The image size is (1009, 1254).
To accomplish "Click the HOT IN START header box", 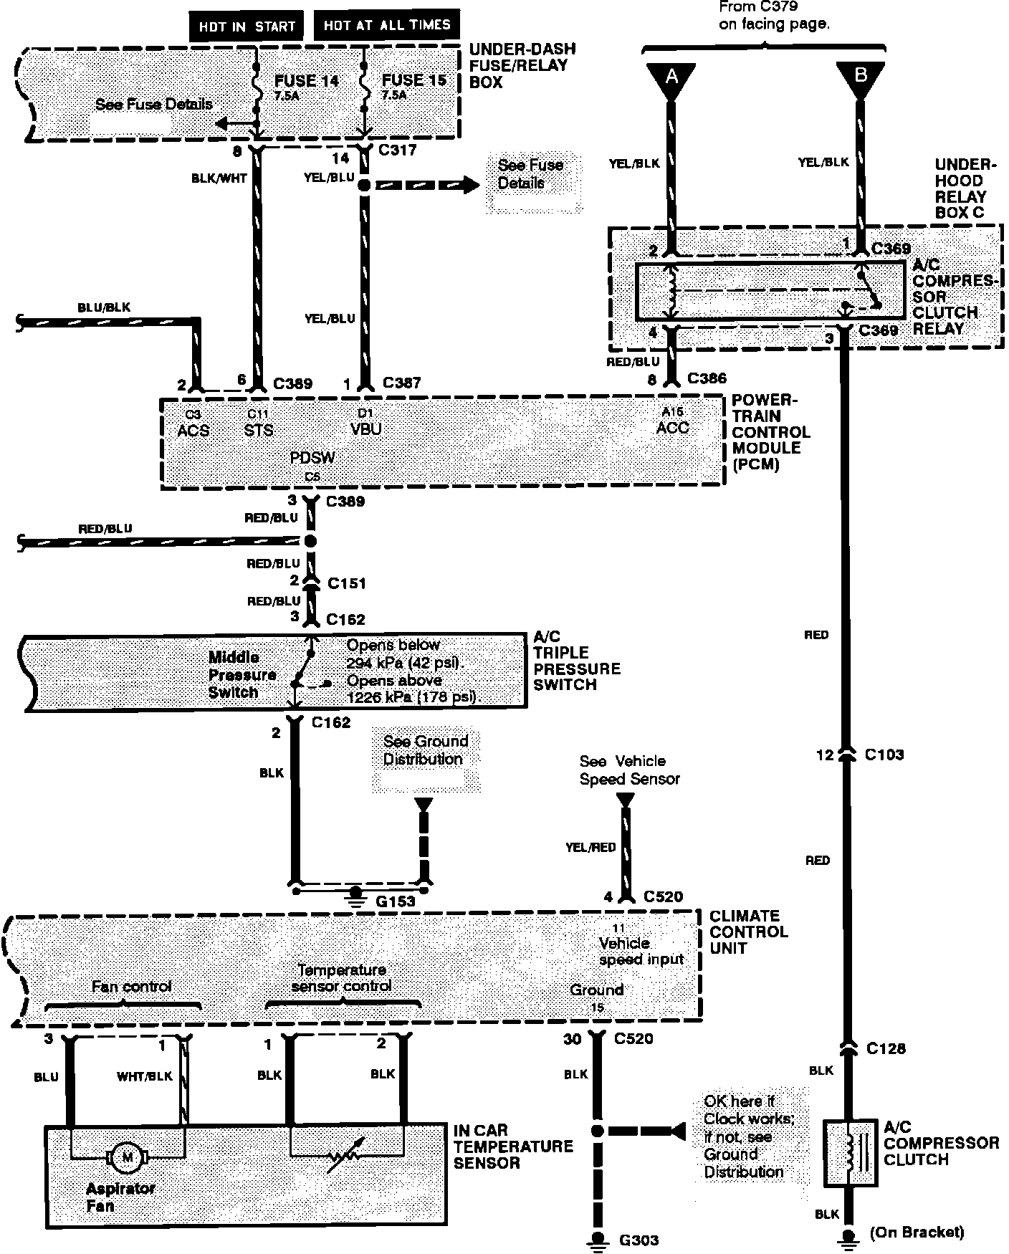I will (x=247, y=26).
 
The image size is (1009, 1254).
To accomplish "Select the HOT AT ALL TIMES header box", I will (x=387, y=25).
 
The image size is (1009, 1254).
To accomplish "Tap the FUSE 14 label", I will (x=306, y=81).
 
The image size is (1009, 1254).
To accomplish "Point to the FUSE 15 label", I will (x=414, y=80).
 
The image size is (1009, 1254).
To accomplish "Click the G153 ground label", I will (x=395, y=901).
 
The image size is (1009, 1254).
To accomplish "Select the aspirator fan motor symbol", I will (x=128, y=1157).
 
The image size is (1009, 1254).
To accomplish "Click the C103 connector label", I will (x=884, y=754).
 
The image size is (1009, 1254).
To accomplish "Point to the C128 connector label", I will (x=886, y=1048).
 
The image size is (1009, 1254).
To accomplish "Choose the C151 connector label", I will (x=346, y=583).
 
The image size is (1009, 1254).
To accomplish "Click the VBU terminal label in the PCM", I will (x=365, y=429).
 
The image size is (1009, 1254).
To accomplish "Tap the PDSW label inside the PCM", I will (x=312, y=457).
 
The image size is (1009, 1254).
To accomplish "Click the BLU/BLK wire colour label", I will (x=104, y=308).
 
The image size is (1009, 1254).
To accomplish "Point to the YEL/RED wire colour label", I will (x=590, y=847).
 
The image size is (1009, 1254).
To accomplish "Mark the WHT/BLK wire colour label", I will (x=145, y=1076).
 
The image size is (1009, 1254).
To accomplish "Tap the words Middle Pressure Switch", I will (x=242, y=674).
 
